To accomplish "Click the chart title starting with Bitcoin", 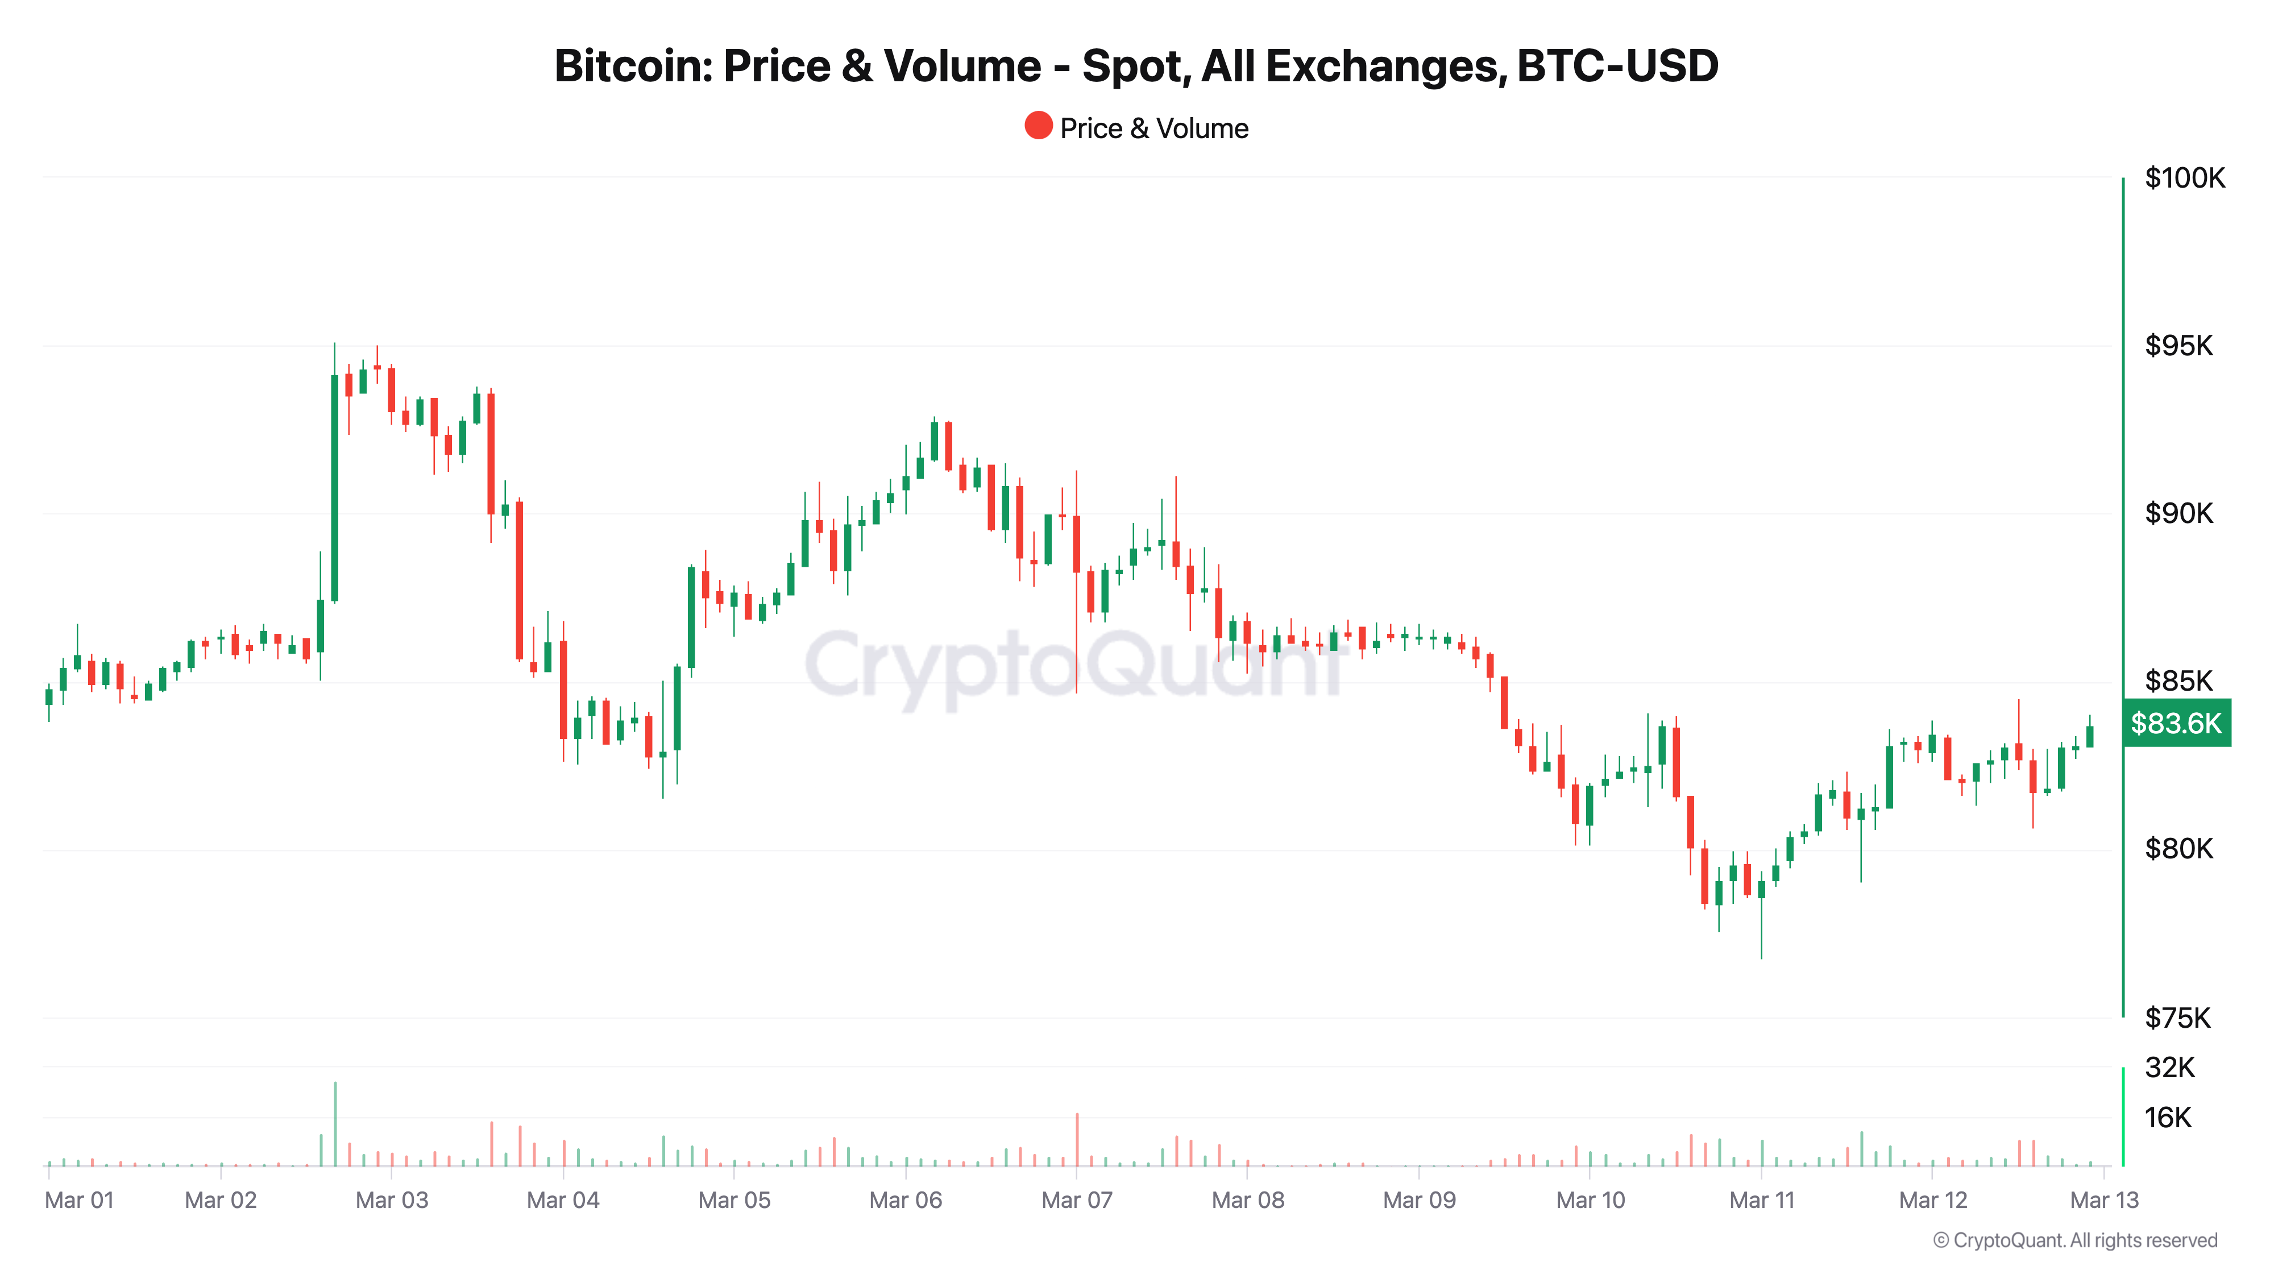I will [1136, 66].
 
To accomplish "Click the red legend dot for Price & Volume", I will [1038, 126].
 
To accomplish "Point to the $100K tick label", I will [2185, 178].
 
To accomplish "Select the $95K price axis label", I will [2178, 346].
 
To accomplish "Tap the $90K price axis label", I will [2178, 514].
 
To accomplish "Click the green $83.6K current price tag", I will [2176, 724].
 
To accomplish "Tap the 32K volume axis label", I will [2169, 1068].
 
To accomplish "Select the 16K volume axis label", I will [2168, 1118].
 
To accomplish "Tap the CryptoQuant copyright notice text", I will [2074, 1241].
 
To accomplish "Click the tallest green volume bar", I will [335, 1123].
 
